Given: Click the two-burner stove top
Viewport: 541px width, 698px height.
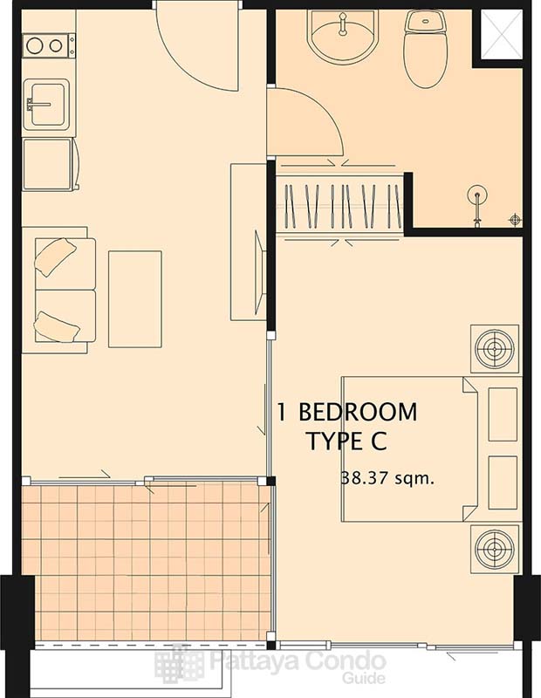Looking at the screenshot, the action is point(49,45).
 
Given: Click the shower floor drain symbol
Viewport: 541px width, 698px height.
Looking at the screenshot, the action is point(515,220).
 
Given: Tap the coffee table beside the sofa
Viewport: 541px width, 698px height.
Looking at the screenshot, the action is point(135,299).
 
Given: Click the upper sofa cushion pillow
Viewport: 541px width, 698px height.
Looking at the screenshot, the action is point(55,257).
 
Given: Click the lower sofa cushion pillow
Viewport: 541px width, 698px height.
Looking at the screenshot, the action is point(57,326).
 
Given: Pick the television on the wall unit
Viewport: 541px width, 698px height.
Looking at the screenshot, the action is point(260,273).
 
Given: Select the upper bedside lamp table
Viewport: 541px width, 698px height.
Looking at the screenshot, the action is point(495,348).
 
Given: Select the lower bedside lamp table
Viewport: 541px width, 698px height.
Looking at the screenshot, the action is point(495,549).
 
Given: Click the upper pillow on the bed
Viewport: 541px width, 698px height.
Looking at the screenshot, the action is point(503,414).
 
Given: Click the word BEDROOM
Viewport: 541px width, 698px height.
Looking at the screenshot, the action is point(358,412).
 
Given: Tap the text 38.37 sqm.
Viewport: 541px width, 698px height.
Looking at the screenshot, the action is point(387,479).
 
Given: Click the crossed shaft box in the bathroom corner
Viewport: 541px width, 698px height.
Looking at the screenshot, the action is point(502,34).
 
